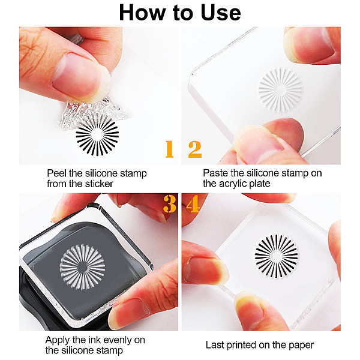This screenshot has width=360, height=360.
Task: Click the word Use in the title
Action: [221, 13]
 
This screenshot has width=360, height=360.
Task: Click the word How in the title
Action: [142, 13]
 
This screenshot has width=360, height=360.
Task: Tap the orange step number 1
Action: [169, 149]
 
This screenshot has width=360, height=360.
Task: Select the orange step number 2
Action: [195, 149]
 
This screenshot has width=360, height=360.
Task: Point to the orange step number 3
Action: [170, 204]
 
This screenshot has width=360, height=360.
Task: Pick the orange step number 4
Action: [193, 204]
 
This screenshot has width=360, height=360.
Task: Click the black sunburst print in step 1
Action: [97, 135]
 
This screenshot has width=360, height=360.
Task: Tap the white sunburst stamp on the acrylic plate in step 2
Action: [281, 90]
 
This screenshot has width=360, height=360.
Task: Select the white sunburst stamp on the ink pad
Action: [82, 267]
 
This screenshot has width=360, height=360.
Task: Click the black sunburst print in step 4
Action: [276, 256]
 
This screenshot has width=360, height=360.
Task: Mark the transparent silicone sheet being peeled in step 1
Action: [94, 113]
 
